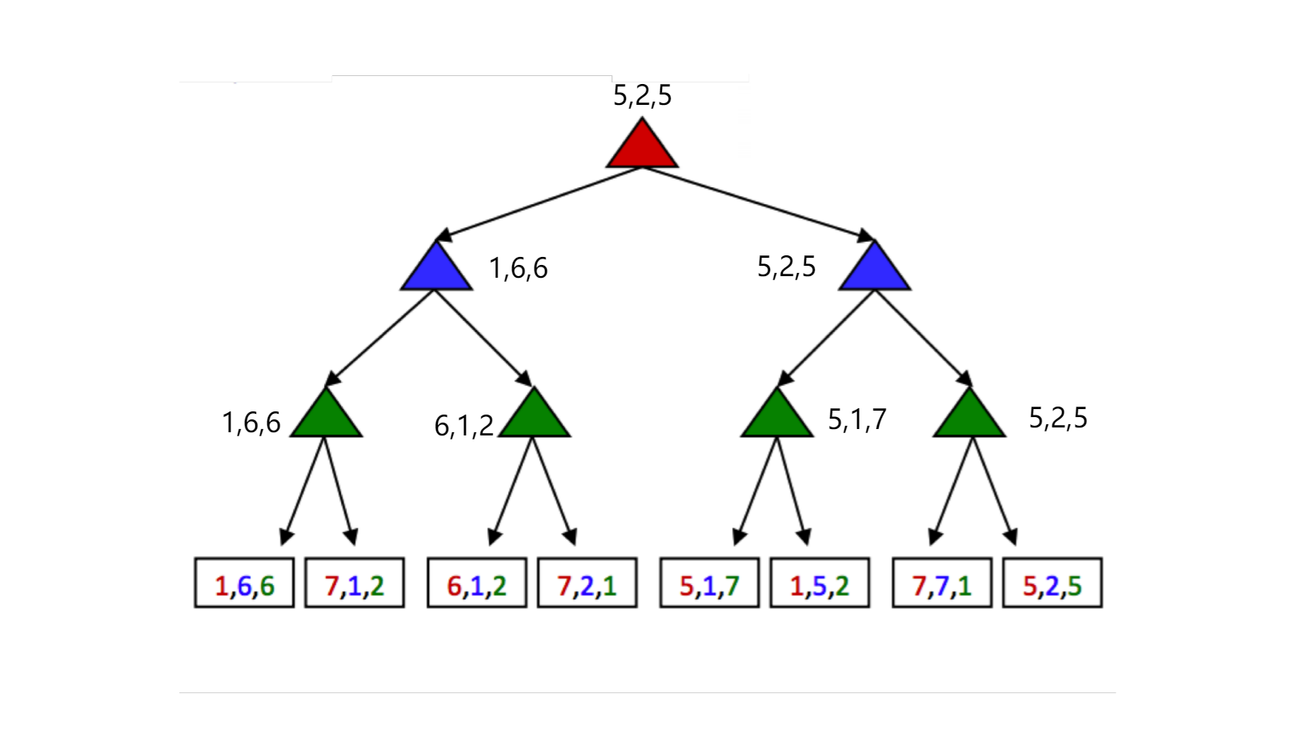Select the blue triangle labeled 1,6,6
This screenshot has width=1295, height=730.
pos(436,271)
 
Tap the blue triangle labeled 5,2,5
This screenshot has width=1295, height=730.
pos(875,271)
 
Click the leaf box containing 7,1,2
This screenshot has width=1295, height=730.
pos(355,584)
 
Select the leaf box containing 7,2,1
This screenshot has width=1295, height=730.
pos(587,584)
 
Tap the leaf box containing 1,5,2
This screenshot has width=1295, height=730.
pos(820,584)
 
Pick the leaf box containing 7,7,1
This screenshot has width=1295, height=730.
pos(942,584)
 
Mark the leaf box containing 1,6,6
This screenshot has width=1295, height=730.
pos(244,584)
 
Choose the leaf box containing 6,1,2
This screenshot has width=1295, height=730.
pos(477,584)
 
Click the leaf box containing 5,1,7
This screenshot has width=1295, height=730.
pos(709,584)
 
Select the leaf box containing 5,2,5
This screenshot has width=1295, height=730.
pos(1052,584)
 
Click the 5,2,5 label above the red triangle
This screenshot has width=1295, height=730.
pos(642,95)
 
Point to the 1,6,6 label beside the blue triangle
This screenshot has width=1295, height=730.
pos(519,268)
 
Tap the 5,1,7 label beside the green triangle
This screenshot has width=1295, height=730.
pos(857,419)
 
